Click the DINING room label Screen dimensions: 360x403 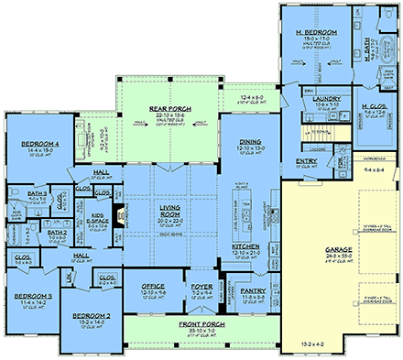(x=251, y=142)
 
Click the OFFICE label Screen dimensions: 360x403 (x=153, y=286)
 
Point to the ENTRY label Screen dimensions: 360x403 (x=307, y=162)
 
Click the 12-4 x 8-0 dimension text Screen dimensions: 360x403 (x=250, y=96)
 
